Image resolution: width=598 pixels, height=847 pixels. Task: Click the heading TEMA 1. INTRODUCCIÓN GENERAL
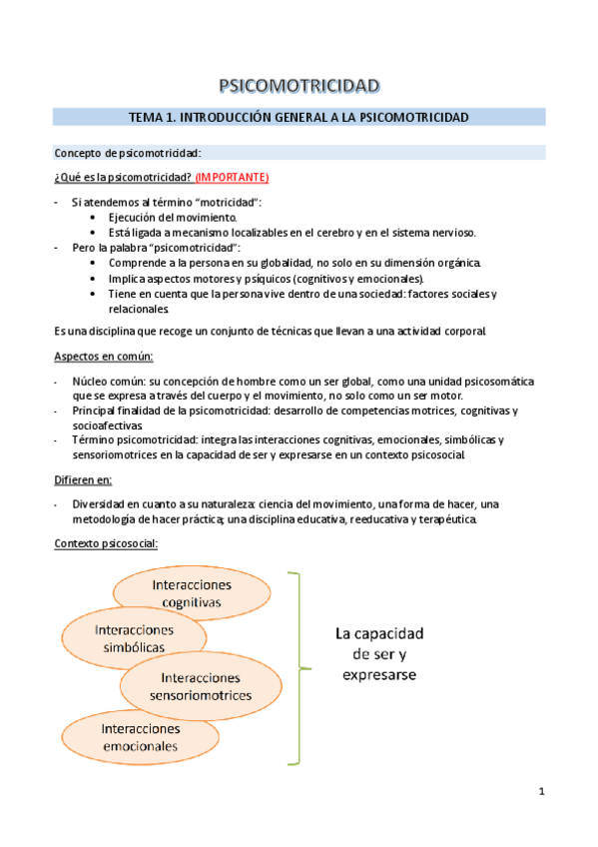[299, 117]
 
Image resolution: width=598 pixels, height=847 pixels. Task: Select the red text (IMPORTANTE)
[232, 177]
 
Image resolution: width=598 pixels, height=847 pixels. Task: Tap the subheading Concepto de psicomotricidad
[127, 153]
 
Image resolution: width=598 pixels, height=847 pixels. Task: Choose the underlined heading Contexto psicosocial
[105, 544]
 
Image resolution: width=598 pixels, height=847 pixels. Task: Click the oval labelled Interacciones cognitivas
[192, 591]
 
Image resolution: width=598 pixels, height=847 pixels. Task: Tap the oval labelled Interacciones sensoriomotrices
[200, 686]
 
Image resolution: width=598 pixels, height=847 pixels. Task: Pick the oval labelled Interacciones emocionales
[140, 737]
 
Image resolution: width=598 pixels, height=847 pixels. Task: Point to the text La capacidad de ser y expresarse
[379, 654]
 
